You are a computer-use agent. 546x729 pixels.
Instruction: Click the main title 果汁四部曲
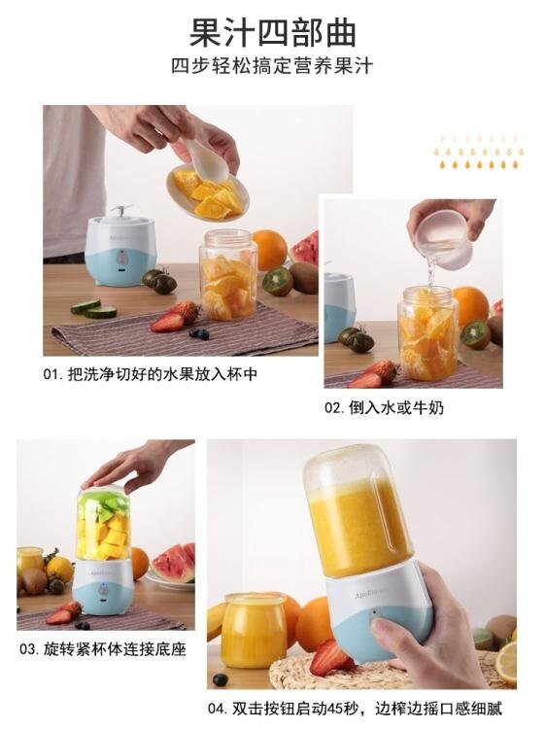click(x=273, y=32)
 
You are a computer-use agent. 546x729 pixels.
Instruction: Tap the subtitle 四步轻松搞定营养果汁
click(x=272, y=66)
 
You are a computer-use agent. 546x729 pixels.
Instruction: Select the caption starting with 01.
click(x=150, y=374)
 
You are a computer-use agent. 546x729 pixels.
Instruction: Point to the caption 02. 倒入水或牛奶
click(x=384, y=407)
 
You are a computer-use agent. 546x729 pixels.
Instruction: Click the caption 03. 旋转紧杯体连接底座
click(x=103, y=648)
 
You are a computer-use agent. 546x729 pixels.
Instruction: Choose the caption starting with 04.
click(x=355, y=709)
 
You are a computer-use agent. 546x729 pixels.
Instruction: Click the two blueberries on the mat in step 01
click(x=199, y=333)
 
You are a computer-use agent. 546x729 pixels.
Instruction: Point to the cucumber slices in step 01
click(x=93, y=308)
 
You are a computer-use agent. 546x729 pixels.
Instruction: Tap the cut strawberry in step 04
click(x=330, y=657)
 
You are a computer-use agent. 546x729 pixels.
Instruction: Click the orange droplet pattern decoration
click(x=479, y=152)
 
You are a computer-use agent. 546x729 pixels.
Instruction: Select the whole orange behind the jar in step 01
click(x=269, y=250)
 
